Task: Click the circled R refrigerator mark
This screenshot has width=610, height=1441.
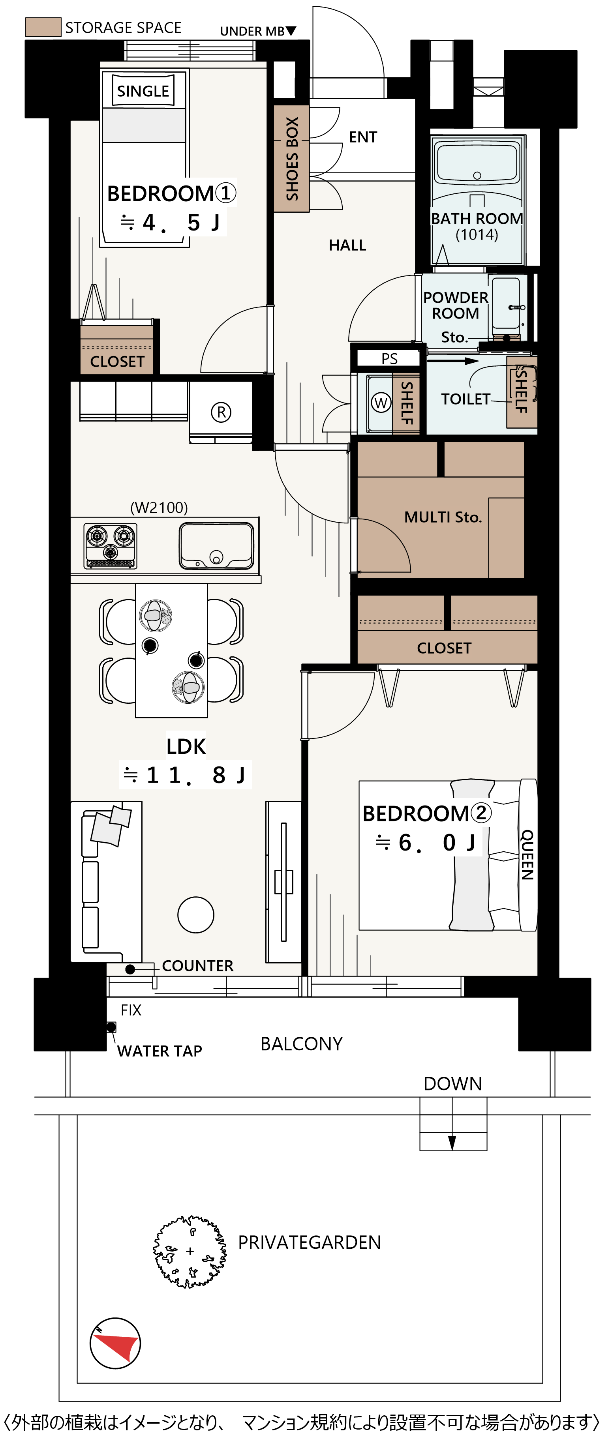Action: [x=221, y=412]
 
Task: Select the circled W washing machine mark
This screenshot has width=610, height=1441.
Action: [x=381, y=402]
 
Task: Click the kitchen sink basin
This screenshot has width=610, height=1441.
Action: [x=216, y=545]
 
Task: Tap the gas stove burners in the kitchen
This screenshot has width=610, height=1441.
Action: [x=110, y=545]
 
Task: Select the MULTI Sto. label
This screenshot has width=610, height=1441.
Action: [x=443, y=517]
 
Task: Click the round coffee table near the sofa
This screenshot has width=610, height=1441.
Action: [x=196, y=914]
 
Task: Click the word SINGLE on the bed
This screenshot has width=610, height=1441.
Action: [x=143, y=91]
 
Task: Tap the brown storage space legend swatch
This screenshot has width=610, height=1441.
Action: [x=43, y=27]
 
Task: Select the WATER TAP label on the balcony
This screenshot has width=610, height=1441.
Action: [x=160, y=1051]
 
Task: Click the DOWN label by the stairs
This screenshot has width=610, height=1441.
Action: [x=453, y=1083]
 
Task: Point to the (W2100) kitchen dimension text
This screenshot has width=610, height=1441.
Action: [x=159, y=508]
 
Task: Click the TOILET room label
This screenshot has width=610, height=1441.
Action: [x=465, y=399]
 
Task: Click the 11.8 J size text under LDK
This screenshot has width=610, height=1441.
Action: [x=185, y=775]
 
